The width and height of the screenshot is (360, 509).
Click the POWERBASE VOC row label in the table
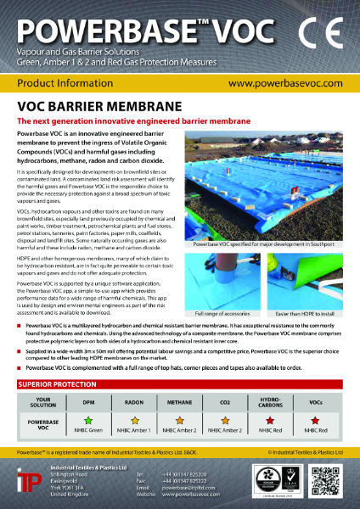point(42,422)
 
